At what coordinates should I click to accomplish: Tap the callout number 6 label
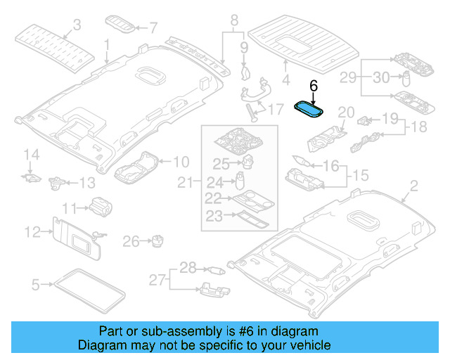(x=314, y=85)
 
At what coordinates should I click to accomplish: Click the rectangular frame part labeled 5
(x=92, y=290)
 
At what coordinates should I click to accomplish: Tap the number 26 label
(x=131, y=242)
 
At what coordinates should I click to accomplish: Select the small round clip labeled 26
(x=157, y=242)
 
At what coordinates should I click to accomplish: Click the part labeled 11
(x=98, y=205)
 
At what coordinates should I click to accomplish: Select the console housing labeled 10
(x=136, y=167)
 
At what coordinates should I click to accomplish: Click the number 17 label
(x=275, y=108)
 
